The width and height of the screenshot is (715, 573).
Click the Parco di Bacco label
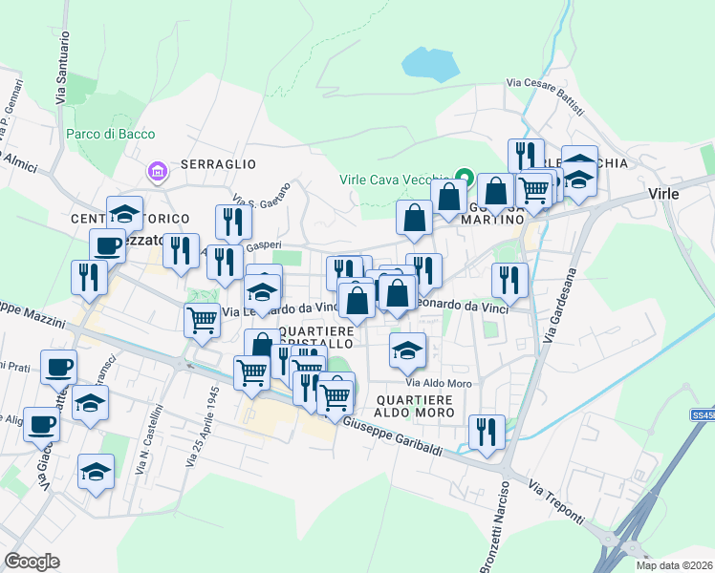pos(110,134)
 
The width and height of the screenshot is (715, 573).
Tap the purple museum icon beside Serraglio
pos(156,172)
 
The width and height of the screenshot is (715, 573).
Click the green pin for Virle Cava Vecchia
pos(465,178)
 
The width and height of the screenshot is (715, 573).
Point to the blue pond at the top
pos(428,63)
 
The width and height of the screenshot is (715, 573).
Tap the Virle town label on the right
pos(663,193)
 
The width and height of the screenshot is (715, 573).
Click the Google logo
pos(32,561)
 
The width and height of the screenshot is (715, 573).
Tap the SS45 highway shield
pos(703,416)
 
